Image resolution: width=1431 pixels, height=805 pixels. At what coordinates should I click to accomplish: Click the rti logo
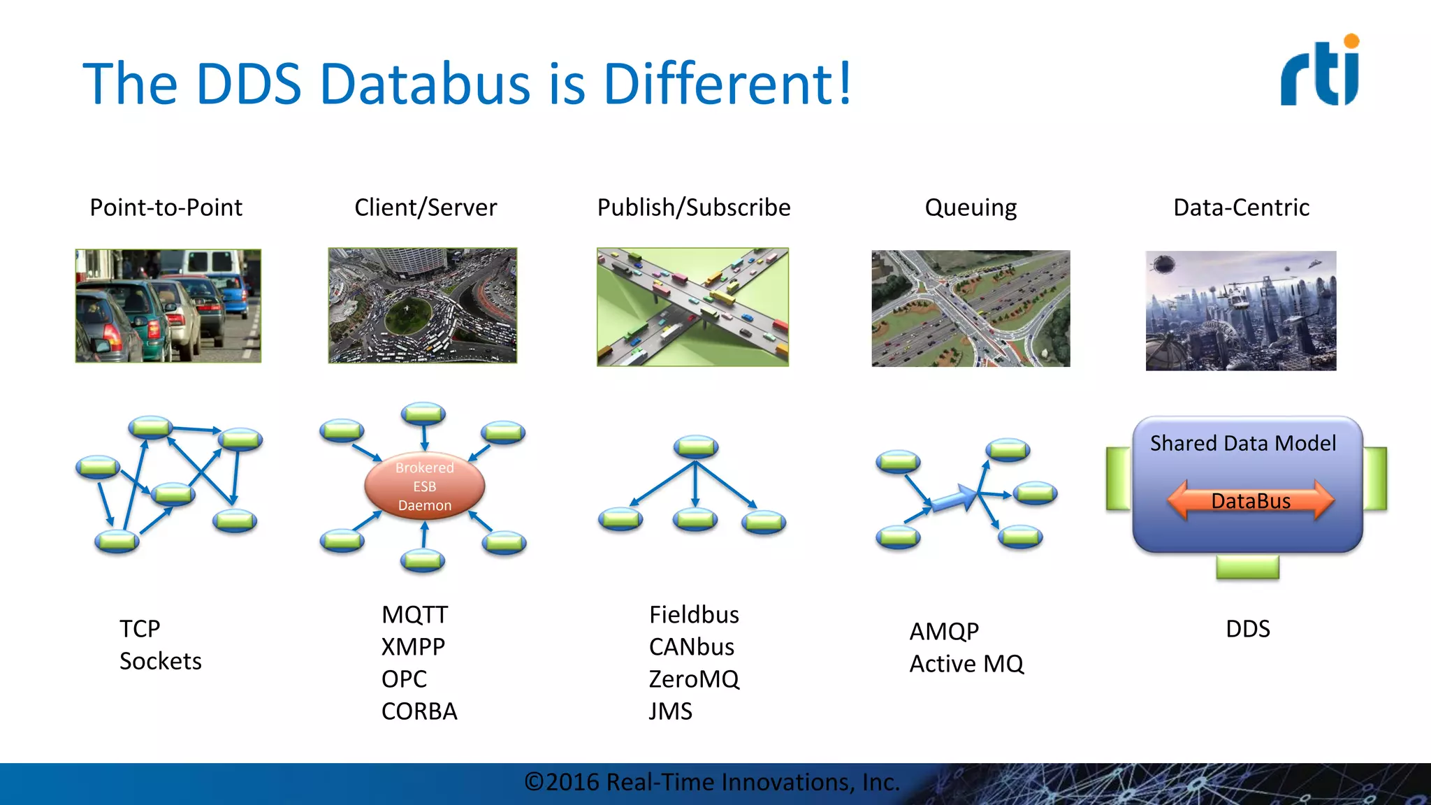coord(1319,71)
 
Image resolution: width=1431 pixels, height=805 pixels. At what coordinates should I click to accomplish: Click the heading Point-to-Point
coord(166,208)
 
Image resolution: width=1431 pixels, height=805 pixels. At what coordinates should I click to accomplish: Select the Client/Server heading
coord(426,208)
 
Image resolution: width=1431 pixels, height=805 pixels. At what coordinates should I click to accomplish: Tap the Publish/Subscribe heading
coord(693,208)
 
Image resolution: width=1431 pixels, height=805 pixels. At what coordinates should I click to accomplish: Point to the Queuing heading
coord(970,208)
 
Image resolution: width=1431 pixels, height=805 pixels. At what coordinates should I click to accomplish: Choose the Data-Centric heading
coord(1241,208)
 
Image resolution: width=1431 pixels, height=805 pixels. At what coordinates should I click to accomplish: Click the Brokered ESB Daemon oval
coord(424,486)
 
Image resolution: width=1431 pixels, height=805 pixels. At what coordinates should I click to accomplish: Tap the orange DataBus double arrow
coord(1250,500)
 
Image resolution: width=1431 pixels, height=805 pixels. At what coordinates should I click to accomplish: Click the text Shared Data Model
coord(1242,443)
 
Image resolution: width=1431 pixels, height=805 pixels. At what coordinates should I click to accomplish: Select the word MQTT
coord(414,615)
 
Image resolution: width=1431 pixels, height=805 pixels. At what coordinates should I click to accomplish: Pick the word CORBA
coord(419,711)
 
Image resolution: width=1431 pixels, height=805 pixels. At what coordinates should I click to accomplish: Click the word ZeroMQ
coord(693,679)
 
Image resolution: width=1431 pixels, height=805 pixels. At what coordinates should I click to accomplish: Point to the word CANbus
coord(691,647)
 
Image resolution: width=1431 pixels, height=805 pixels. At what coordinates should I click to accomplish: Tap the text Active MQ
coord(966,664)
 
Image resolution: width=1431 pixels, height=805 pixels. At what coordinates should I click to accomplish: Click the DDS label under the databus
coord(1247,629)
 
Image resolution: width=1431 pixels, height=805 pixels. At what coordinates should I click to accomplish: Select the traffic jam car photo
coord(168,306)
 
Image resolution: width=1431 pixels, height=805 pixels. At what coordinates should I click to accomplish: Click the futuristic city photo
coord(1241,310)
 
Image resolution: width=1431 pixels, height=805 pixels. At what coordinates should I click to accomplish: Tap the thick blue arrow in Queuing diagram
coord(954,500)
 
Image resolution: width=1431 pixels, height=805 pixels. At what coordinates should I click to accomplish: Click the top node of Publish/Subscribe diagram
coord(695,446)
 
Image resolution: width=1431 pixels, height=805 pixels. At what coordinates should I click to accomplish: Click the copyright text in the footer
coord(711,782)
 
